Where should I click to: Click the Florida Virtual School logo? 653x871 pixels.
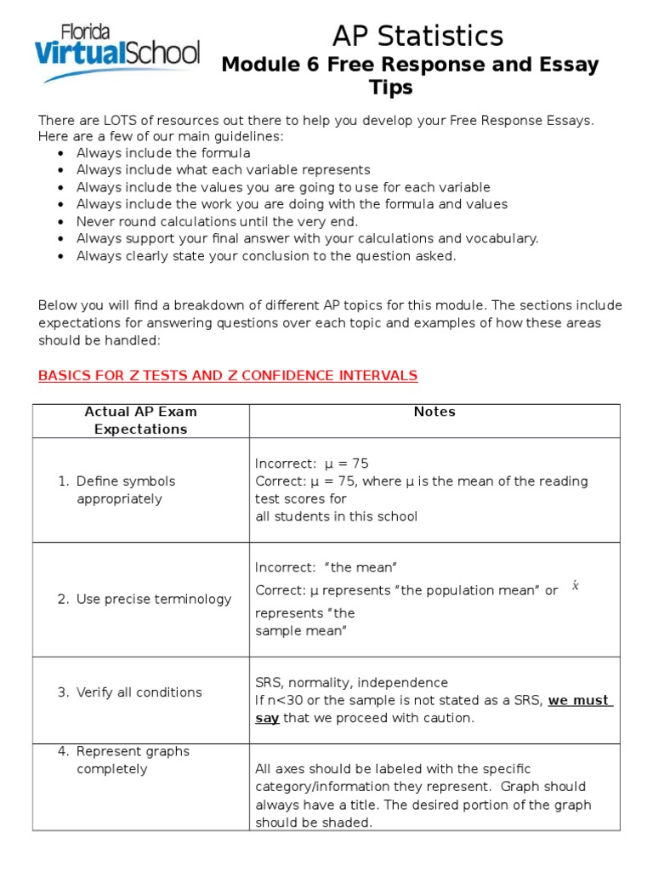pyautogui.click(x=117, y=52)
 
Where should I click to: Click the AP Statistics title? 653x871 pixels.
pyautogui.click(x=417, y=36)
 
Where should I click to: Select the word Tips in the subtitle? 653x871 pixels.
pyautogui.click(x=391, y=88)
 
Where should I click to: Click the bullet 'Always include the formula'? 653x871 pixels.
pyautogui.click(x=163, y=153)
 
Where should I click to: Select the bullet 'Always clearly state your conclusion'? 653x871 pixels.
pyautogui.click(x=266, y=255)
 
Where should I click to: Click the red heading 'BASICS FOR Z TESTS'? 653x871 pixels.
pyautogui.click(x=228, y=375)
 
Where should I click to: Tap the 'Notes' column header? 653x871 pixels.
pyautogui.click(x=434, y=412)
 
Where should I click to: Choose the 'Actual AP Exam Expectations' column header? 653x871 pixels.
pyautogui.click(x=140, y=420)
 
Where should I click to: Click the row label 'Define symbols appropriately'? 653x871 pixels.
pyautogui.click(x=126, y=490)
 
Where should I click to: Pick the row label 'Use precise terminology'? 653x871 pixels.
pyautogui.click(x=153, y=599)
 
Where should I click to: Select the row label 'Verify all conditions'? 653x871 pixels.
pyautogui.click(x=139, y=692)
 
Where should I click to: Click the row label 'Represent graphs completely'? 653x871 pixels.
pyautogui.click(x=133, y=760)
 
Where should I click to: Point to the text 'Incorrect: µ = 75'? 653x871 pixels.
pyautogui.click(x=311, y=464)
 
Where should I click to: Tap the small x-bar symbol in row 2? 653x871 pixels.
pyautogui.click(x=576, y=586)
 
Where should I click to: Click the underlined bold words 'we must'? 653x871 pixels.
pyautogui.click(x=578, y=701)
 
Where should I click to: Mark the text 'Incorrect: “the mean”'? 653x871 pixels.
pyautogui.click(x=326, y=567)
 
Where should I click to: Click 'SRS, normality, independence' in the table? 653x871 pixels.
pyautogui.click(x=351, y=683)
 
